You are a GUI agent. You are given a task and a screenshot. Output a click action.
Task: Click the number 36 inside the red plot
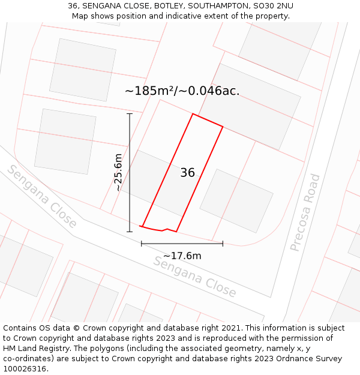click(187, 173)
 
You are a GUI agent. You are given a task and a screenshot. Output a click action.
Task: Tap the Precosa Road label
click(305, 212)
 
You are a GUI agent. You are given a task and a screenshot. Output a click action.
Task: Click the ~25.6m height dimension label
click(118, 172)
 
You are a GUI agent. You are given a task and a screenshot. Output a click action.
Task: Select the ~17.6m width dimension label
click(182, 256)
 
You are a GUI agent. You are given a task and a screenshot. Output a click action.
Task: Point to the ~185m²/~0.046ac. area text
click(182, 91)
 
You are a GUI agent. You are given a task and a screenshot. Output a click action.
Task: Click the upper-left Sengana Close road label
click(41, 196)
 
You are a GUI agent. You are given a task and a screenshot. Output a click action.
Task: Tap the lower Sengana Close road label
click(195, 277)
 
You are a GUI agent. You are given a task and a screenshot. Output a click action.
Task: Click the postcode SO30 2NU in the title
click(273, 6)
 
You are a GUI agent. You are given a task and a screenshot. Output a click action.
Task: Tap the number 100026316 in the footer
click(24, 369)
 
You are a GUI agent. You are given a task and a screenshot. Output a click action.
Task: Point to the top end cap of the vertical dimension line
click(129, 113)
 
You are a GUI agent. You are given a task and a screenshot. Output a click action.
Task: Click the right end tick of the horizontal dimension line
click(223, 244)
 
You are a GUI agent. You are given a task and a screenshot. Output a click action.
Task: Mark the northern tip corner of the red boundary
click(193, 114)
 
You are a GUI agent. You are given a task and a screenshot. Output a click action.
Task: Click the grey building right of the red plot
click(236, 200)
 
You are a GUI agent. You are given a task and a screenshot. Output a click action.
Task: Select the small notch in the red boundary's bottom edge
click(164, 229)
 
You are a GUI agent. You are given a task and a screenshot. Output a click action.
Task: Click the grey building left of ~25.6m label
click(65, 142)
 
